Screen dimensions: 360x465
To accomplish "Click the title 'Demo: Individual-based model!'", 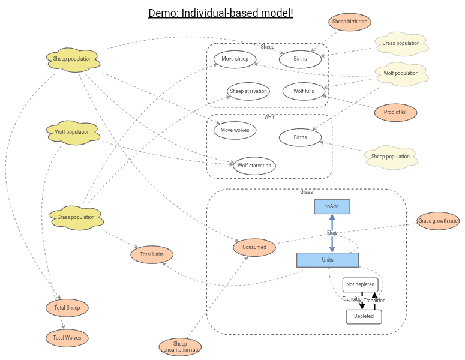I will pyautogui.click(x=221, y=13).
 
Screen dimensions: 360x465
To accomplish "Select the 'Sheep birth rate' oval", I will pyautogui.click(x=350, y=22).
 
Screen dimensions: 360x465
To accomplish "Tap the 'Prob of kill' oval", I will pyautogui.click(x=395, y=112).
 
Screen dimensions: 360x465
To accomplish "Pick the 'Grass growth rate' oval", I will pyautogui.click(x=438, y=221).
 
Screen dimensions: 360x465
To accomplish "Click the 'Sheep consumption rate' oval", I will pyautogui.click(x=181, y=347).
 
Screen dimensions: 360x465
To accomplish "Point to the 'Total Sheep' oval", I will pyautogui.click(x=67, y=308).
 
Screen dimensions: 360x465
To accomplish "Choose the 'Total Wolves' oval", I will pyautogui.click(x=67, y=338).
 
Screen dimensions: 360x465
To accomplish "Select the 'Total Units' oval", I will pyautogui.click(x=152, y=254).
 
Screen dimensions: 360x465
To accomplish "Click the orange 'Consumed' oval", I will pyautogui.click(x=254, y=247).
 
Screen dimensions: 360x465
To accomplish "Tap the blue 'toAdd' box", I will pyautogui.click(x=332, y=206).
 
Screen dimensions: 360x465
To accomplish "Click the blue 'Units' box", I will pyautogui.click(x=328, y=260).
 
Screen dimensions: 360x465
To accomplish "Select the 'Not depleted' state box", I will pyautogui.click(x=361, y=284).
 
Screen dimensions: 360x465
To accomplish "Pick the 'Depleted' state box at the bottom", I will pyautogui.click(x=364, y=316).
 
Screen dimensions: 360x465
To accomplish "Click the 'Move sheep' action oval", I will pyautogui.click(x=235, y=59).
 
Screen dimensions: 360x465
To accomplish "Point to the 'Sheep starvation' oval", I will pyautogui.click(x=248, y=91).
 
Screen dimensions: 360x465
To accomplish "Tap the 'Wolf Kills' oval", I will pyautogui.click(x=304, y=91).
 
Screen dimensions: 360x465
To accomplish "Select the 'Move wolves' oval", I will pyautogui.click(x=235, y=130).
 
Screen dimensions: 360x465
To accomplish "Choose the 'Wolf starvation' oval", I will pyautogui.click(x=254, y=166).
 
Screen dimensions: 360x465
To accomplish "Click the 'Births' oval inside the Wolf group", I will pyautogui.click(x=300, y=137).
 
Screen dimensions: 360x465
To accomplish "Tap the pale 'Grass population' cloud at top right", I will pyautogui.click(x=401, y=44).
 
